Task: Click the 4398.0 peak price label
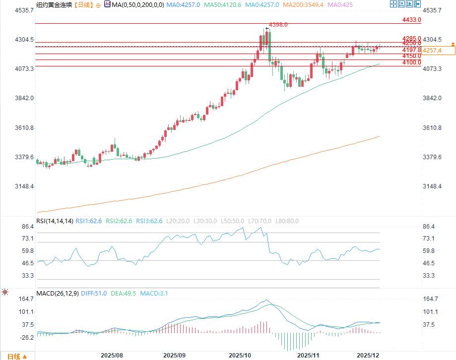pos(278,24)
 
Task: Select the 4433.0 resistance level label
pos(411,20)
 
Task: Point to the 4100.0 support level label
pos(411,62)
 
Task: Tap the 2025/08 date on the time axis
pos(112,355)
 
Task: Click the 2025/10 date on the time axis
pos(240,355)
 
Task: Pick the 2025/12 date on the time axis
pos(368,355)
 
